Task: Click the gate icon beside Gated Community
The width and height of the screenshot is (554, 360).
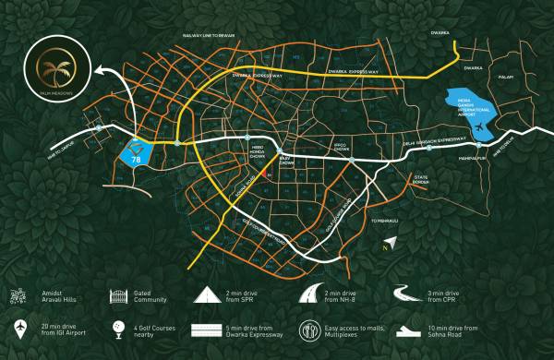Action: pyautogui.click(x=117, y=295)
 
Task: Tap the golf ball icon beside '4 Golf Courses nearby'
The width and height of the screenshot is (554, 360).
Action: pyautogui.click(x=117, y=329)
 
